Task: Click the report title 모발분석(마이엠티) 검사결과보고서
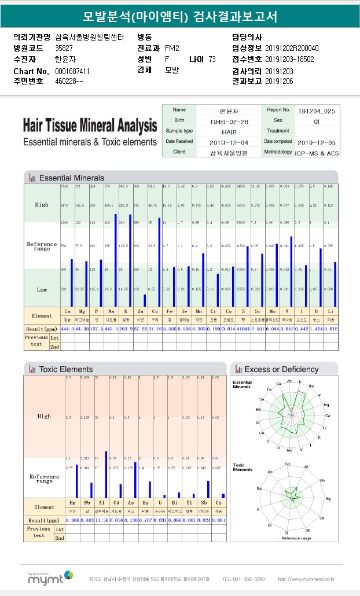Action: click(179, 17)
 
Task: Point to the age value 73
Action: click(212, 59)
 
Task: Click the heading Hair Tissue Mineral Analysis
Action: click(90, 126)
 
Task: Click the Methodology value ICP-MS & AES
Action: click(317, 153)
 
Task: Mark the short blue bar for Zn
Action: click(144, 300)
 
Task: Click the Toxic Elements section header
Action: click(65, 369)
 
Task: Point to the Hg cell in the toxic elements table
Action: click(72, 503)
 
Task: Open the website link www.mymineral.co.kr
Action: click(306, 579)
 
